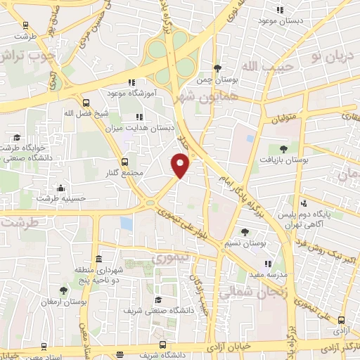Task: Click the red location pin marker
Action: click(x=181, y=165)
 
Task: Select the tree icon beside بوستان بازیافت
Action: click(x=283, y=149)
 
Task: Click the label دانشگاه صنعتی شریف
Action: click(x=150, y=310)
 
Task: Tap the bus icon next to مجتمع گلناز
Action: click(x=125, y=160)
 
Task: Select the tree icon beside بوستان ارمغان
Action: click(x=63, y=290)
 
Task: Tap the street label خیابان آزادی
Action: click(x=232, y=347)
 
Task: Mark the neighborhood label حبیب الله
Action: click(x=260, y=65)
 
